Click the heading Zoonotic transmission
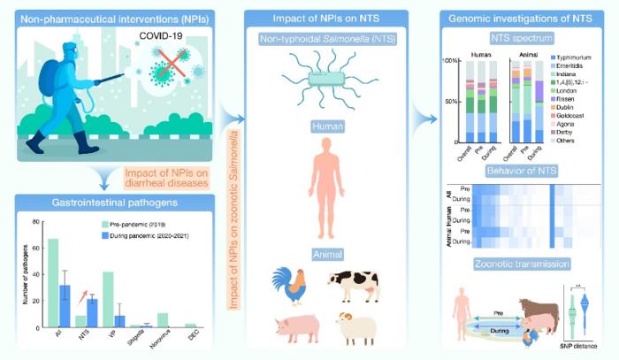pos(517,264)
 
